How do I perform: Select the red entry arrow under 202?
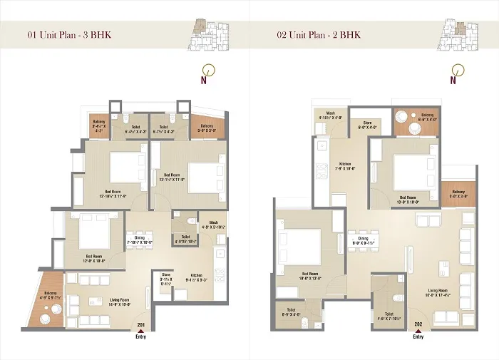[x=418, y=331]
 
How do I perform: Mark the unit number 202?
[x=418, y=326]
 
